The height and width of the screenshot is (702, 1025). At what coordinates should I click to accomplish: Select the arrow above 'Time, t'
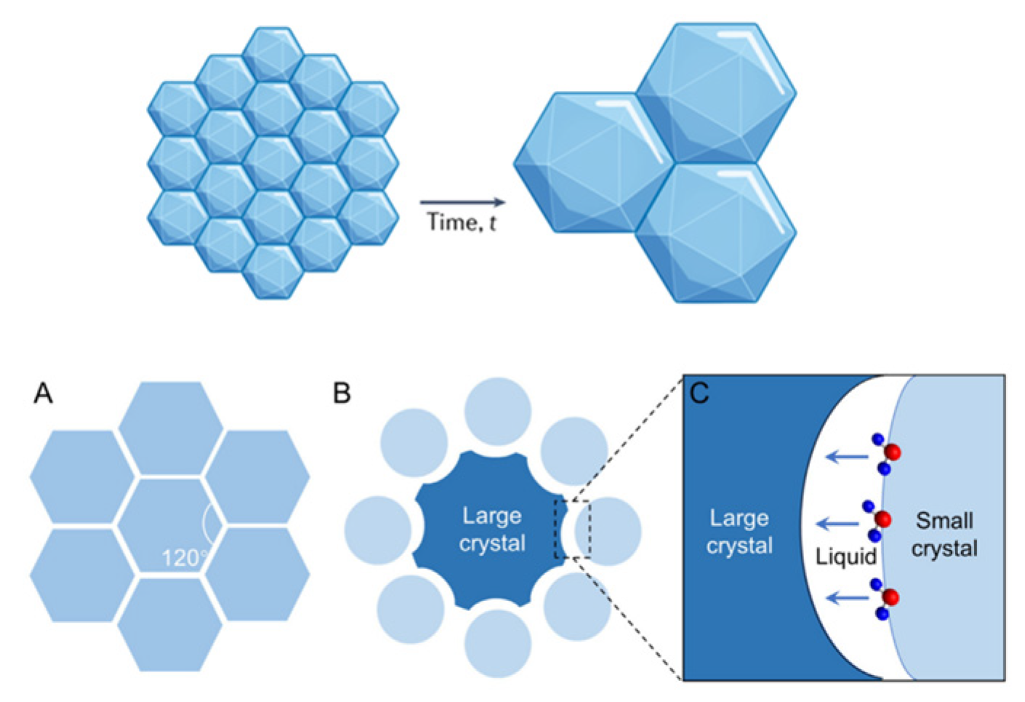click(462, 202)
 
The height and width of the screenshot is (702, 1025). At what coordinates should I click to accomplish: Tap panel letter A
click(43, 394)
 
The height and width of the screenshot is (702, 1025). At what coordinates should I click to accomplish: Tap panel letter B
click(342, 394)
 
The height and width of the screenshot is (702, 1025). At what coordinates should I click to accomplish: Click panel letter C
click(699, 394)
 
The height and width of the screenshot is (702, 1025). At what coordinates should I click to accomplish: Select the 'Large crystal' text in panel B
click(492, 530)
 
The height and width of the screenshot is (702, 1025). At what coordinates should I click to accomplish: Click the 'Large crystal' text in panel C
click(739, 532)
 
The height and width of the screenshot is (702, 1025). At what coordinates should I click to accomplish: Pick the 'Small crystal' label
click(944, 534)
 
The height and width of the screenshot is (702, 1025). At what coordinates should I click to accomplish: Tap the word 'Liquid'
click(846, 557)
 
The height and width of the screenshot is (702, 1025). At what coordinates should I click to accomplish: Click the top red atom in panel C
click(893, 452)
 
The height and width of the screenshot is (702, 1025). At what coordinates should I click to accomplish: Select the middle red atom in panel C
click(883, 519)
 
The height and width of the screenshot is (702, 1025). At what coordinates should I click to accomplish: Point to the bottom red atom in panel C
click(891, 598)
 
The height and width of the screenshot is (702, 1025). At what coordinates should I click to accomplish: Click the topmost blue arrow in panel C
click(847, 457)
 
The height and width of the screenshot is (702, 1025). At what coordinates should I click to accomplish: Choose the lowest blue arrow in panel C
click(849, 598)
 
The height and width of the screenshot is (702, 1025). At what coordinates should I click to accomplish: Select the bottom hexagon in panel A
click(170, 623)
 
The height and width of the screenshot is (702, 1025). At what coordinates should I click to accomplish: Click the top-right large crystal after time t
click(716, 92)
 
